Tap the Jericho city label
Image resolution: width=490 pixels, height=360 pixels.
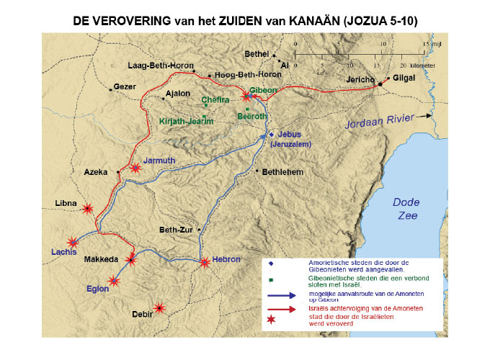tap(360, 77)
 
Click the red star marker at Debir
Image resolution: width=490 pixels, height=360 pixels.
tap(160, 308)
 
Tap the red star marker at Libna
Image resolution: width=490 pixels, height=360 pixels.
tap(87, 209)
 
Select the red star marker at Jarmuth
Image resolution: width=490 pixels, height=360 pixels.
tap(135, 168)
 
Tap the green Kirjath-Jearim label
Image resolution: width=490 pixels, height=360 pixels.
tap(186, 122)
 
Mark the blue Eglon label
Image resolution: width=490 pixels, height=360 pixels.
tap(96, 289)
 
